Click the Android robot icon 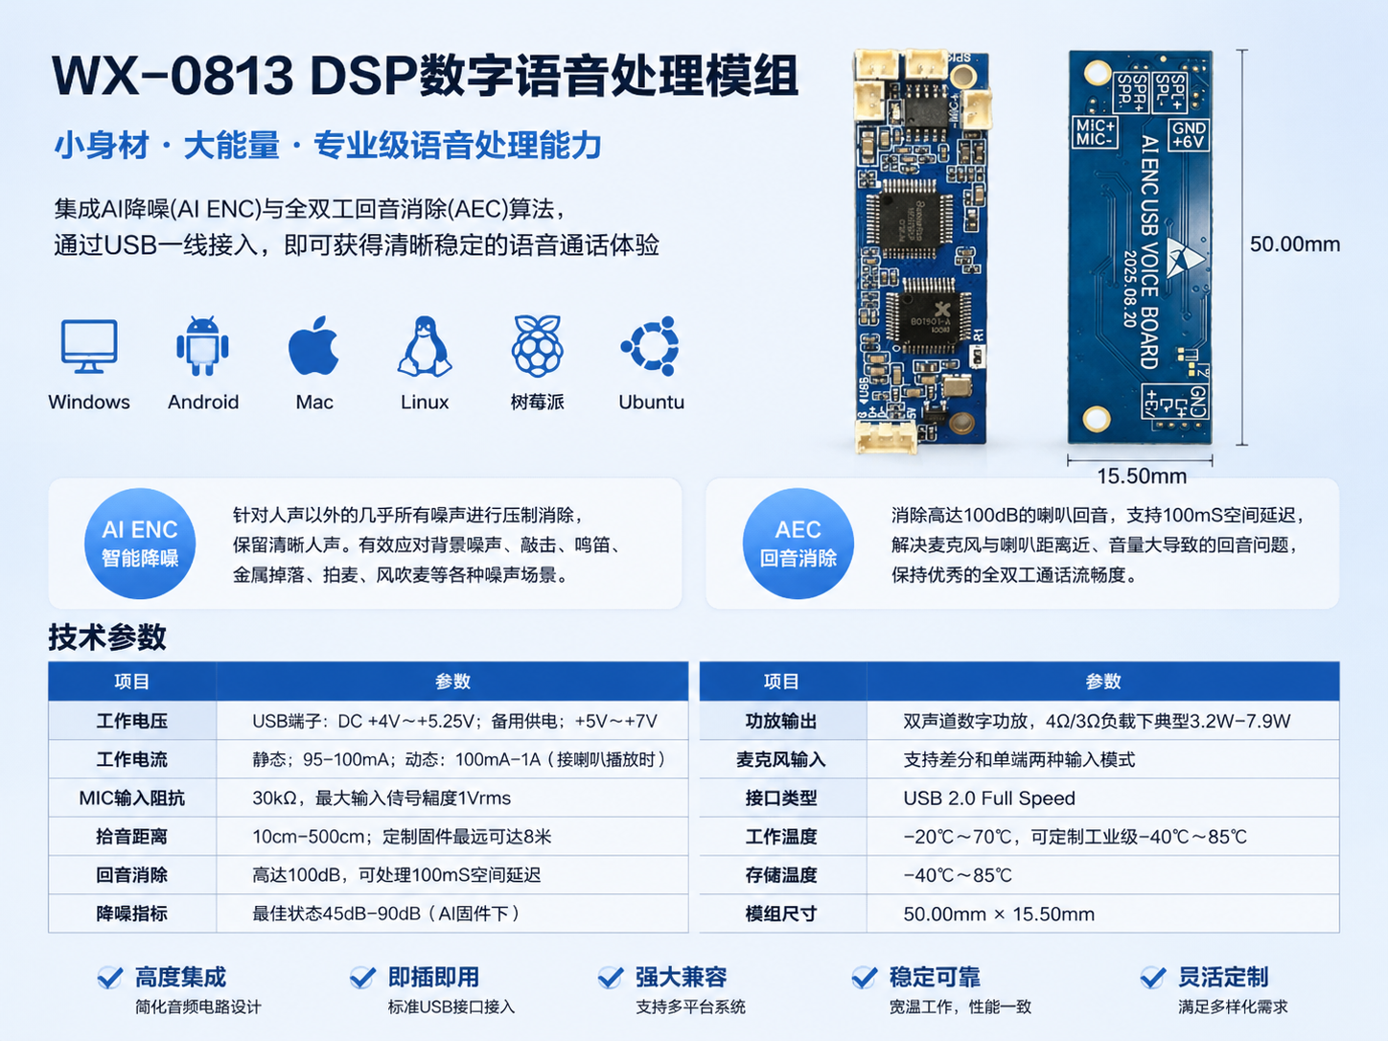click(202, 346)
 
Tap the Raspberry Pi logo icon click(537, 345)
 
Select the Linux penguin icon click(425, 346)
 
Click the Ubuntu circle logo click(651, 346)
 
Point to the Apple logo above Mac click(313, 345)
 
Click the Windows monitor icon click(89, 346)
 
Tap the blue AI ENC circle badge click(140, 543)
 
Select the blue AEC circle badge click(798, 543)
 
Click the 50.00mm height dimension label click(1294, 244)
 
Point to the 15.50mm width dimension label click(1142, 476)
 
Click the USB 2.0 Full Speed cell click(989, 798)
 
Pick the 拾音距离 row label click(131, 836)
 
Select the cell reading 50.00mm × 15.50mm click(999, 914)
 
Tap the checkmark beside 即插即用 click(363, 977)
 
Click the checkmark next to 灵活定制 click(1153, 977)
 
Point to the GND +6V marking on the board click(1189, 134)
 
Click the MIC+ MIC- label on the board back click(1096, 132)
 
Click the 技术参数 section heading click(107, 636)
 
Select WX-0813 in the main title click(173, 75)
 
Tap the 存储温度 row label click(781, 875)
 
